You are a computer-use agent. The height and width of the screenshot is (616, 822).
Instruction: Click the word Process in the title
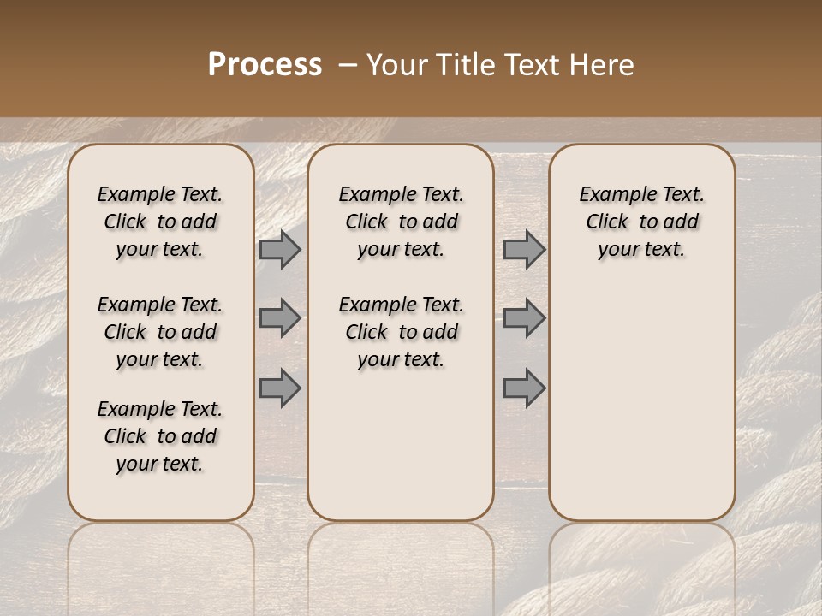pos(265,65)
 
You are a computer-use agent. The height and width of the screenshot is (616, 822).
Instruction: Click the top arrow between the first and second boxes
pos(280,250)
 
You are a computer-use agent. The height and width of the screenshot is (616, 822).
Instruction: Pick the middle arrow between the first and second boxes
pos(280,318)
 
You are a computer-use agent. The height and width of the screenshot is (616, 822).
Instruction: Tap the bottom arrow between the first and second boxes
pos(280,388)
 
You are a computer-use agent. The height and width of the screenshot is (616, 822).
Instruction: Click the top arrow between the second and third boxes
pos(524,250)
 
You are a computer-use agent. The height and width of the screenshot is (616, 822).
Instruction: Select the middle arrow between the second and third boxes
pos(524,318)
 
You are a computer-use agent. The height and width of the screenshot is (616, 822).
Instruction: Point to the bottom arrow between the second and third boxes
pos(524,388)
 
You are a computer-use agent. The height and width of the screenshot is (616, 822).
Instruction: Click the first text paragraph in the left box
pos(159,222)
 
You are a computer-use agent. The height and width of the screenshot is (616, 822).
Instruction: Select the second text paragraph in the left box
pos(159,332)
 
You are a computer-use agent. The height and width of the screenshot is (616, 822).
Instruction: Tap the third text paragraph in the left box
pos(159,436)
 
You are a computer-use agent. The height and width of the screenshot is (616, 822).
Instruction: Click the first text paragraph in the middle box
pos(401,222)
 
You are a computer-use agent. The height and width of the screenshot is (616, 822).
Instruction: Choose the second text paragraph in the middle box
pos(401,332)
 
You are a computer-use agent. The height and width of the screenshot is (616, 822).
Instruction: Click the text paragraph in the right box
pos(641,222)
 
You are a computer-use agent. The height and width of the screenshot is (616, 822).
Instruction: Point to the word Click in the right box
pos(607,222)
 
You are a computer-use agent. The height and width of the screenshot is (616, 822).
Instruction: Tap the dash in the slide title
pos(348,65)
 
